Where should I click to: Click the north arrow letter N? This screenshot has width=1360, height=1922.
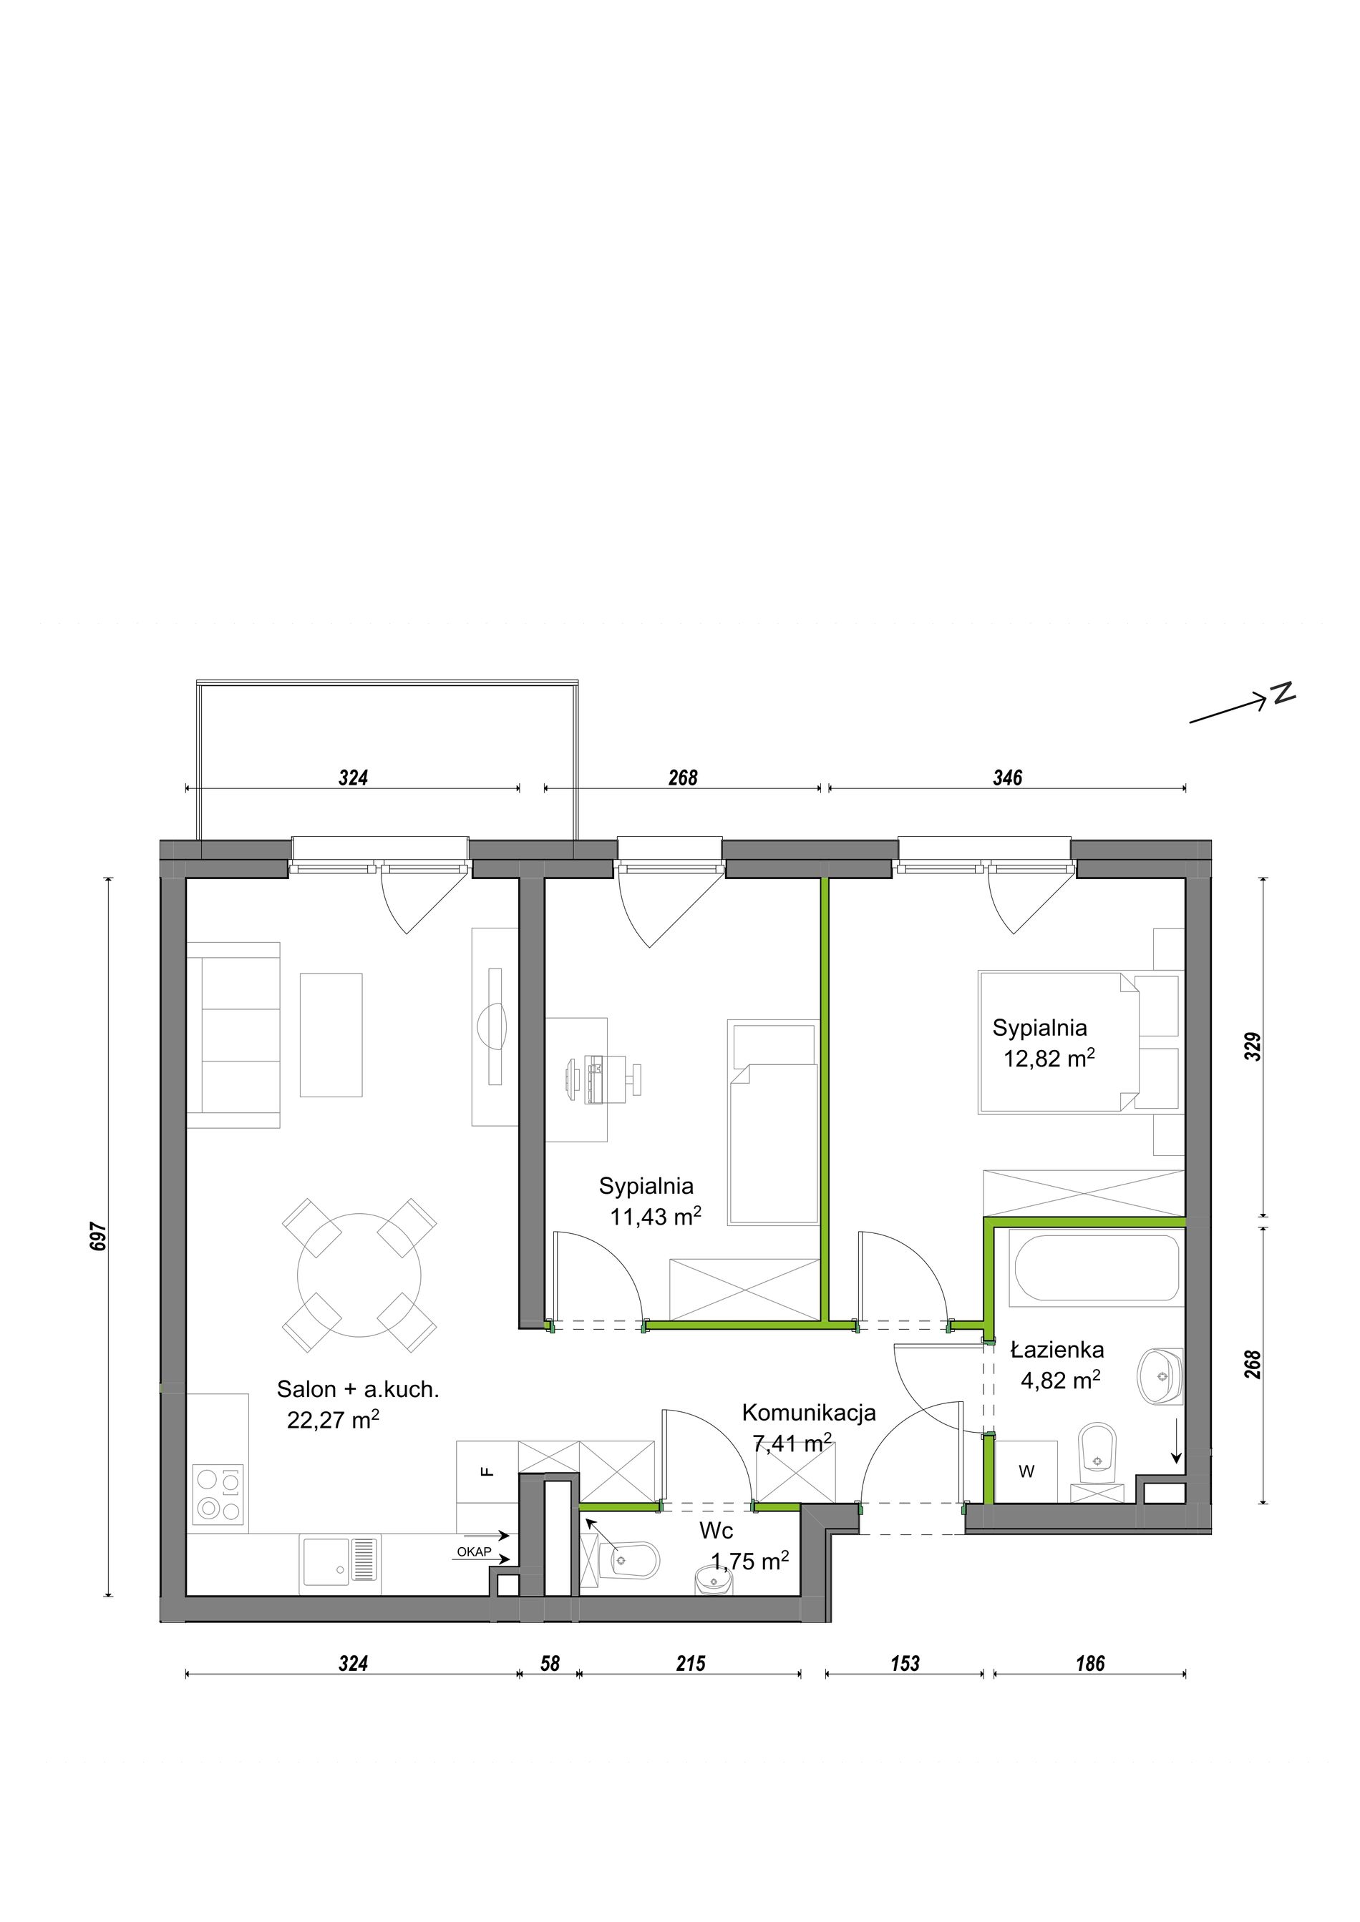click(x=1283, y=693)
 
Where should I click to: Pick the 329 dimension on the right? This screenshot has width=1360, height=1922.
click(x=1253, y=1046)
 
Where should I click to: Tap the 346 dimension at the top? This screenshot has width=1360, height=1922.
click(x=1007, y=778)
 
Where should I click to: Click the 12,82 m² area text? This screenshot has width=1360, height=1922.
click(x=1049, y=1059)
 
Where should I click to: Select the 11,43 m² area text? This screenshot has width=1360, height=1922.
click(x=656, y=1217)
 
